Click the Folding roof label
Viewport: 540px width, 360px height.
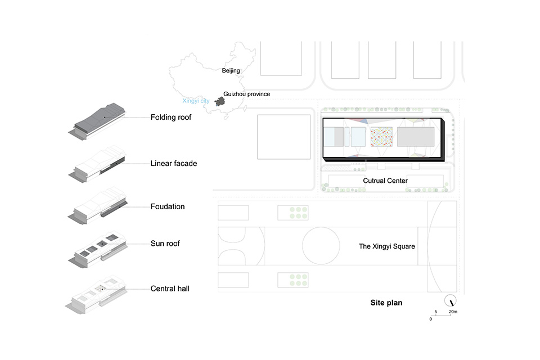(171, 118)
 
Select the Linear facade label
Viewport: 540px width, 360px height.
(174, 163)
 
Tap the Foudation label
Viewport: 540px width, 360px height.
(168, 206)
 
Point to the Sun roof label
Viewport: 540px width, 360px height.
(165, 243)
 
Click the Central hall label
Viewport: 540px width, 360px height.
(170, 289)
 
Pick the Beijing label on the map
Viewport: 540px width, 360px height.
(231, 71)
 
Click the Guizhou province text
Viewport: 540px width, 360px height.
(246, 94)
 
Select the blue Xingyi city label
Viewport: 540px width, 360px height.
(196, 101)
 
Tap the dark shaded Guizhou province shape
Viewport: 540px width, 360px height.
(220, 102)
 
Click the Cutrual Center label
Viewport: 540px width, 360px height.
(385, 181)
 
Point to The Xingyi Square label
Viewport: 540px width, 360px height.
(387, 246)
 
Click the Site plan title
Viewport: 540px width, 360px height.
(386, 303)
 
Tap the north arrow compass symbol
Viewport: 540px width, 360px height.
(450, 301)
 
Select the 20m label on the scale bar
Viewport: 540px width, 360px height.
(453, 312)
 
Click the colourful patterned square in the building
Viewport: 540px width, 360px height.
(381, 137)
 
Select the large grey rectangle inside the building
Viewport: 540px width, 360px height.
(416, 137)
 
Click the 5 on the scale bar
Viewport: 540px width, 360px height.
(435, 312)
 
